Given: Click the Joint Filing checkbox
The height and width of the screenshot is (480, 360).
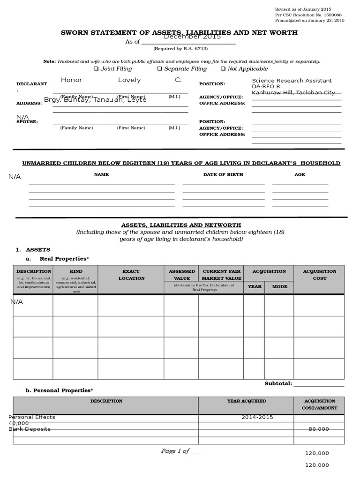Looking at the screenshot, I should click(96, 69).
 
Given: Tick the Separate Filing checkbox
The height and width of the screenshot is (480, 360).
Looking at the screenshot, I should click(159, 69).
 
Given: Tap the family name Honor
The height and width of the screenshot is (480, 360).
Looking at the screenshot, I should click(71, 80).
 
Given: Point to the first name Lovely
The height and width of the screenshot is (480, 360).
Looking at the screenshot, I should click(129, 80).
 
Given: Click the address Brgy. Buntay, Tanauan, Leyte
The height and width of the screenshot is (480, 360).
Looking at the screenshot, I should click(95, 100).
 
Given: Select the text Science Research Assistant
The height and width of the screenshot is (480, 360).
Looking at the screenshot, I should click(292, 81).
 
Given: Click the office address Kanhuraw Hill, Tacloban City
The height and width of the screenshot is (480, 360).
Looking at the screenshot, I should click(293, 93).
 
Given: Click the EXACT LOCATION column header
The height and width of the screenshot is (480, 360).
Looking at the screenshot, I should click(131, 275).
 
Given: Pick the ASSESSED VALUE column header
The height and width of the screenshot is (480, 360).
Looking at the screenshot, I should click(181, 275).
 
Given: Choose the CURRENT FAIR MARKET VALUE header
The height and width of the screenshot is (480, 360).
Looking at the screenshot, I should click(221, 275).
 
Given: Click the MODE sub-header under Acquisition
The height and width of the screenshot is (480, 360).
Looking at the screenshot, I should click(280, 286).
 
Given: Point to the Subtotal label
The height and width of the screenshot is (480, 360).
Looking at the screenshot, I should click(278, 383).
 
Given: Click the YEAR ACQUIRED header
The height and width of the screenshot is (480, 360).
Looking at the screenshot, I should click(246, 401).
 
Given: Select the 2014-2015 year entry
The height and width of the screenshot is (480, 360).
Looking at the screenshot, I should click(257, 417).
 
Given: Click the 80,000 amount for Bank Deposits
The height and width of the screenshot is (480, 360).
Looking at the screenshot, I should click(319, 429).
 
